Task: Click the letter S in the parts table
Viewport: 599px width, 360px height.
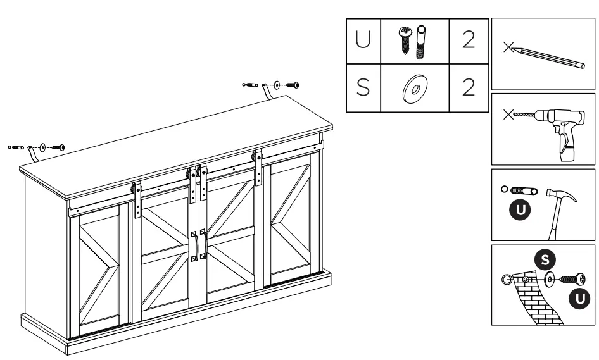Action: pos(363,87)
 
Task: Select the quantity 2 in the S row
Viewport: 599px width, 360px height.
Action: pos(469,87)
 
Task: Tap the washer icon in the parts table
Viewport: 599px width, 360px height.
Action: pos(414,88)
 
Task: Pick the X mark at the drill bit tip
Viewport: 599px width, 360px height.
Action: pos(507,115)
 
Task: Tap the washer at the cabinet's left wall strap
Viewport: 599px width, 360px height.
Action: pos(42,147)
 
